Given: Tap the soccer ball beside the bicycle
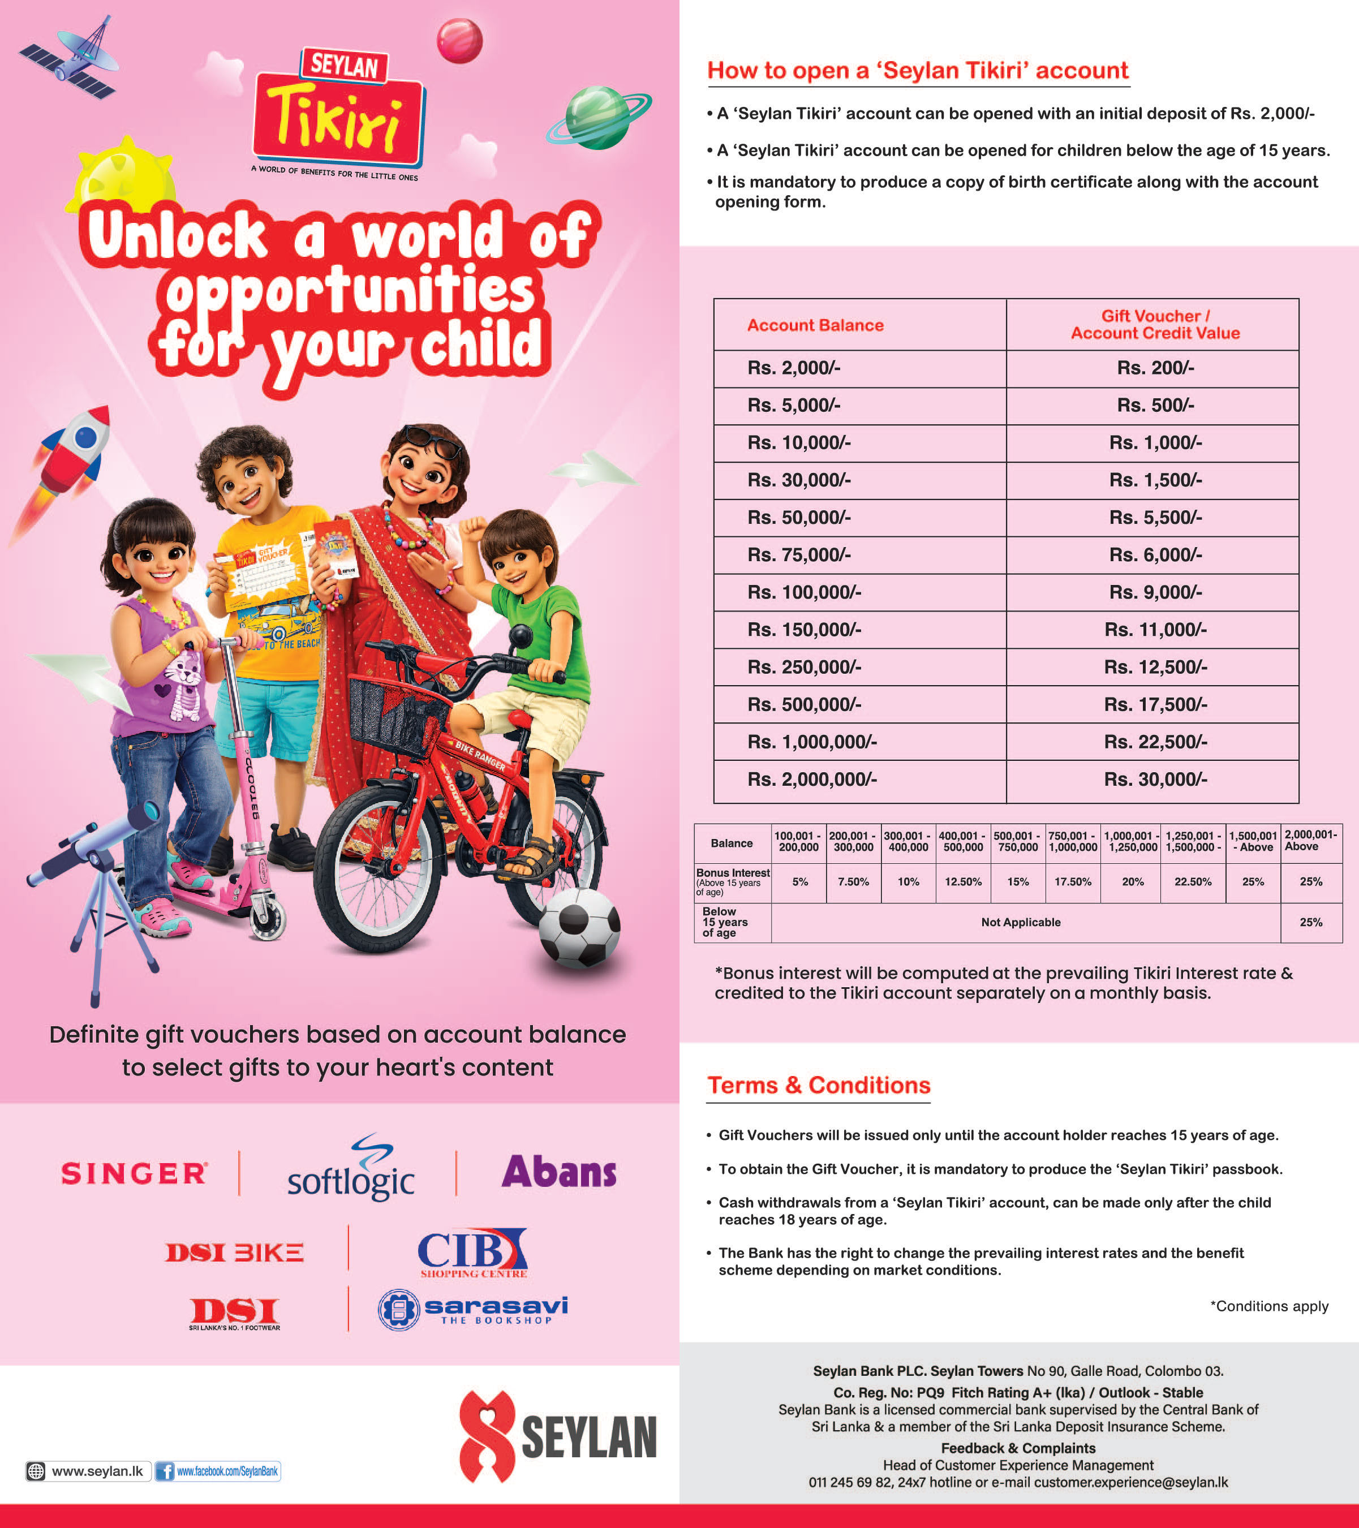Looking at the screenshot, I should pyautogui.click(x=579, y=927).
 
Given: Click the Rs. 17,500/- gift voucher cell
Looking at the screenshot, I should pyautogui.click(x=1155, y=704).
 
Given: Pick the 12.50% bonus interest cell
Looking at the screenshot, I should pyautogui.click(x=963, y=882).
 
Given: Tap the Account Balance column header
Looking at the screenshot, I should pyautogui.click(x=815, y=325).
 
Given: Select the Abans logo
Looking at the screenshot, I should pyautogui.click(x=559, y=1172).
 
